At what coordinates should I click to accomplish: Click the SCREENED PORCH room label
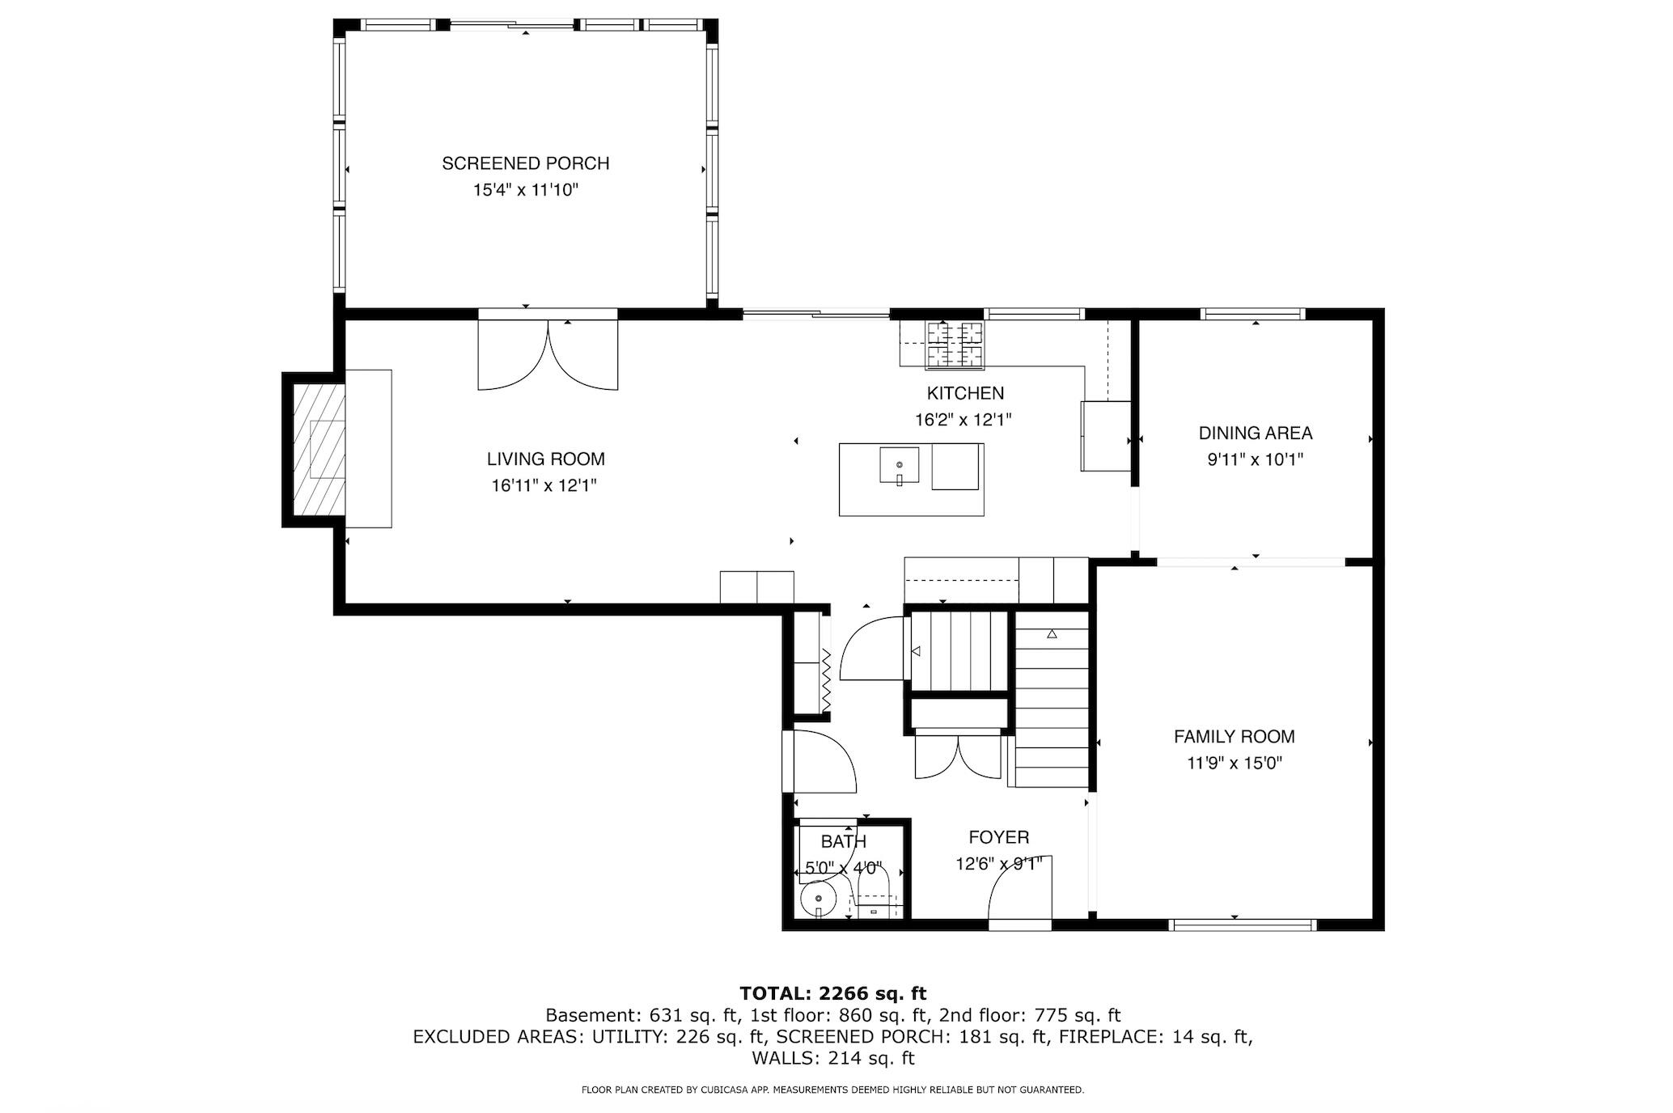pyautogui.click(x=525, y=163)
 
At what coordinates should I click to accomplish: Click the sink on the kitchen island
pyautogui.click(x=899, y=466)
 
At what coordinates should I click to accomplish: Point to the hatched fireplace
pyautogui.click(x=319, y=450)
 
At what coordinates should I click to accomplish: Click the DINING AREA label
pyautogui.click(x=1255, y=434)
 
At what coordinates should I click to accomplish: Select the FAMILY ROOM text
pyautogui.click(x=1234, y=737)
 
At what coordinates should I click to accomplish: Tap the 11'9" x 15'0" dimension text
pyautogui.click(x=1234, y=764)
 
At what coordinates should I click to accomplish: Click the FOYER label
pyautogui.click(x=998, y=837)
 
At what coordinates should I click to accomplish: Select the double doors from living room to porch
pyautogui.click(x=548, y=354)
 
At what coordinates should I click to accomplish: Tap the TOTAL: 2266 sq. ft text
pyautogui.click(x=832, y=993)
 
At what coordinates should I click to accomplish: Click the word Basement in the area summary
pyautogui.click(x=581, y=1015)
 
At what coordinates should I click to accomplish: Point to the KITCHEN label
pyautogui.click(x=964, y=394)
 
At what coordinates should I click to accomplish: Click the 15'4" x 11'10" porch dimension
pyautogui.click(x=525, y=191)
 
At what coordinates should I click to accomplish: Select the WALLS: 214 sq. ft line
pyautogui.click(x=832, y=1058)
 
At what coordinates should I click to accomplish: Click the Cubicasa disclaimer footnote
pyautogui.click(x=832, y=1090)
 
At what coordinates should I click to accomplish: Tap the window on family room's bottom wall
pyautogui.click(x=1243, y=925)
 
